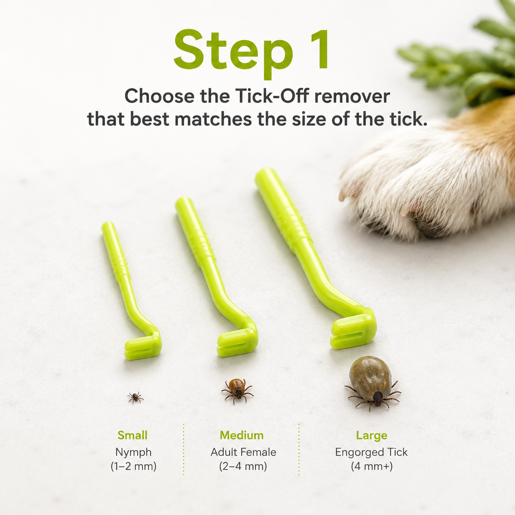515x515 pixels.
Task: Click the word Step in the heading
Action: point(233,53)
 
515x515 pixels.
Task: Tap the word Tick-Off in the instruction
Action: point(272,96)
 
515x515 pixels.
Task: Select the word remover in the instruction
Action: point(352,96)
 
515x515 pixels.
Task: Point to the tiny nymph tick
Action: point(136,397)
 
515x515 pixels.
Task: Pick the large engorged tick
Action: point(372,382)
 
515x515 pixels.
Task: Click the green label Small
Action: point(133,435)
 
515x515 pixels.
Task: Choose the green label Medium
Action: point(241,435)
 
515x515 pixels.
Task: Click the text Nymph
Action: point(133,453)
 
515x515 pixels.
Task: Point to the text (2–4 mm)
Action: point(243,467)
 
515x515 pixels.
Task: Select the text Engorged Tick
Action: point(372,453)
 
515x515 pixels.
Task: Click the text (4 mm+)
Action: point(372,467)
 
